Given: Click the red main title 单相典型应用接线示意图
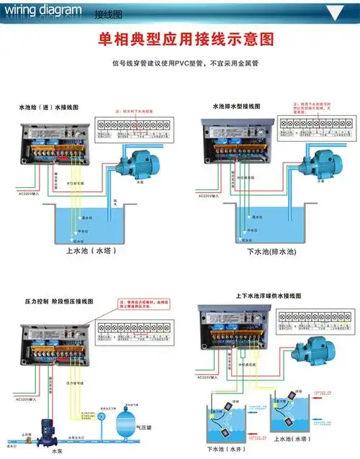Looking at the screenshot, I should pyautogui.click(x=181, y=39).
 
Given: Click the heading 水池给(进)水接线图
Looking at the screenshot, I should pyautogui.click(x=48, y=106).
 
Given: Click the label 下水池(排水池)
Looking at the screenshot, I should pyautogui.click(x=267, y=252).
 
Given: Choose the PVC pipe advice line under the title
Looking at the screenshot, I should pyautogui.click(x=180, y=63).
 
